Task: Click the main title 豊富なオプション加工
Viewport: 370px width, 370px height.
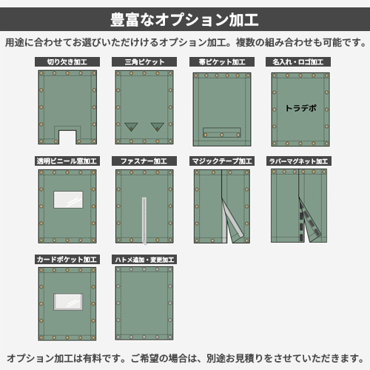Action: point(184,19)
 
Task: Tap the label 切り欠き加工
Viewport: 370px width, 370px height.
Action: point(67,62)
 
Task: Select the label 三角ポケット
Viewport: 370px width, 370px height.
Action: point(144,62)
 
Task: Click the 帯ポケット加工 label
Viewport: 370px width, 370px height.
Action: point(222,62)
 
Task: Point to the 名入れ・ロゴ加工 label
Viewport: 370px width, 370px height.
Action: point(298,62)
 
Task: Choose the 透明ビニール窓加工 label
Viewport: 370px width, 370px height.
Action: point(67,161)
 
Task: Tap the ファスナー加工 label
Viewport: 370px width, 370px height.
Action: point(144,161)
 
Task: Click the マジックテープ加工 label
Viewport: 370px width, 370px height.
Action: point(222,161)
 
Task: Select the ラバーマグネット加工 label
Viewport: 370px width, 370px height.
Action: point(298,161)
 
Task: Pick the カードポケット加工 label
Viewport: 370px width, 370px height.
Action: point(67,260)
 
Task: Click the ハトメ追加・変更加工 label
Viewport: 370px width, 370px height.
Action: point(144,260)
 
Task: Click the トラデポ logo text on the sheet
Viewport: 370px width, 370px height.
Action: point(300,108)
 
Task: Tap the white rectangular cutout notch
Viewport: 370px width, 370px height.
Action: point(67,138)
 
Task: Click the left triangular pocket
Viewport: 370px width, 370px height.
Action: point(131,126)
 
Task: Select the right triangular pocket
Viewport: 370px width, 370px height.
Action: point(158,126)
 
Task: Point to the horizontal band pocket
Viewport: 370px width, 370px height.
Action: point(222,132)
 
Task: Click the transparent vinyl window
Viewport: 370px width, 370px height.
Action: point(68,200)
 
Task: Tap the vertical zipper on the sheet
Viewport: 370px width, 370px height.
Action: point(144,221)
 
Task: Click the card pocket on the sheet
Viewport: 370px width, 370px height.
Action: point(68,302)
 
